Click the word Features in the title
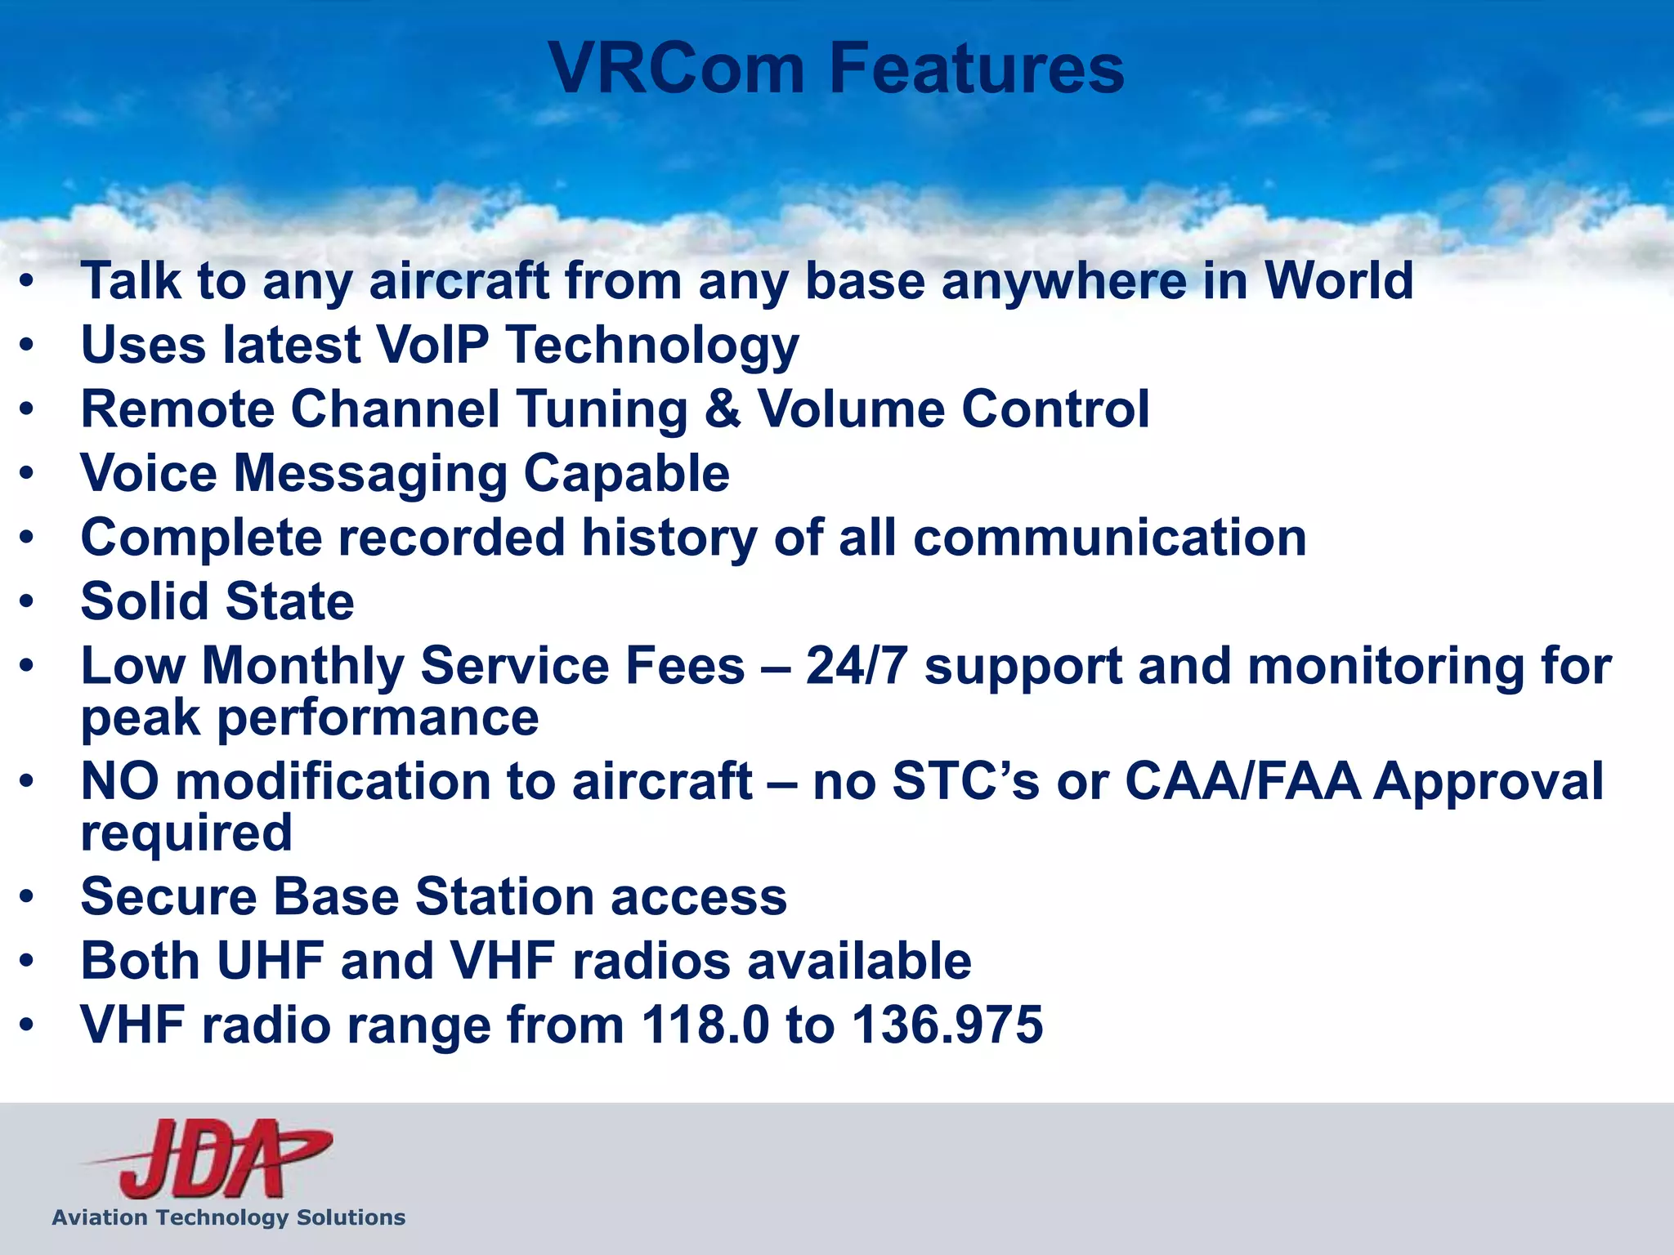[x=977, y=69]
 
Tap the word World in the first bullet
[x=1338, y=280]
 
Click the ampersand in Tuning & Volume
[x=723, y=409]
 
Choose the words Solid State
[x=217, y=601]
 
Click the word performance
[x=378, y=717]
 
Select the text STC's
[x=965, y=781]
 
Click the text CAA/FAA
[x=1242, y=781]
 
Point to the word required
[x=186, y=833]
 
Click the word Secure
[x=169, y=896]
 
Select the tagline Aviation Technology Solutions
[x=229, y=1217]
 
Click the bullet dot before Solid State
[x=28, y=602]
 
